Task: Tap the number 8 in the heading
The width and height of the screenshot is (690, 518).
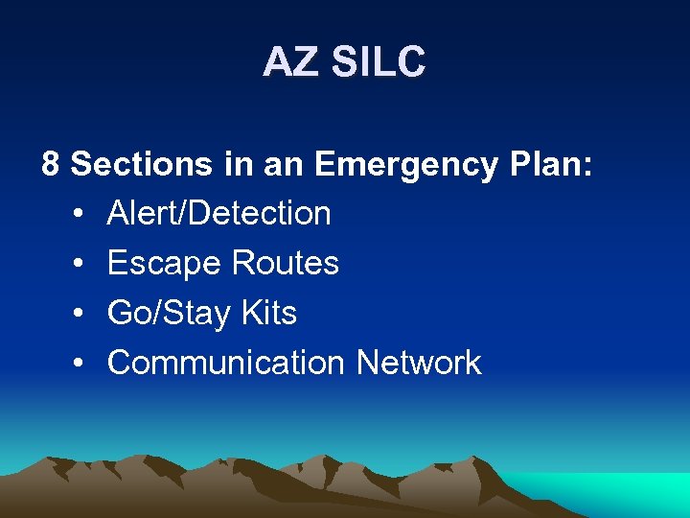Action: click(51, 164)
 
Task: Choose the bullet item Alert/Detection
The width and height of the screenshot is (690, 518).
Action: click(218, 213)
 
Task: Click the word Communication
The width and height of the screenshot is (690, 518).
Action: click(226, 363)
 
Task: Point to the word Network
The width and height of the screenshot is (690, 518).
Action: click(419, 363)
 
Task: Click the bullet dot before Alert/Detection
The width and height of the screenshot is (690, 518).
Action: click(77, 214)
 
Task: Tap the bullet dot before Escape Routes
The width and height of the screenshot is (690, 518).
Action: click(77, 264)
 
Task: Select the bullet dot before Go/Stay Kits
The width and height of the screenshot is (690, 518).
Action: click(77, 314)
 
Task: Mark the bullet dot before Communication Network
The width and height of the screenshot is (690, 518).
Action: click(77, 364)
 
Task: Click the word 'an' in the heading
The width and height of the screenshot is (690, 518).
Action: click(285, 165)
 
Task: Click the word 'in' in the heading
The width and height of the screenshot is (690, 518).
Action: click(239, 164)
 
